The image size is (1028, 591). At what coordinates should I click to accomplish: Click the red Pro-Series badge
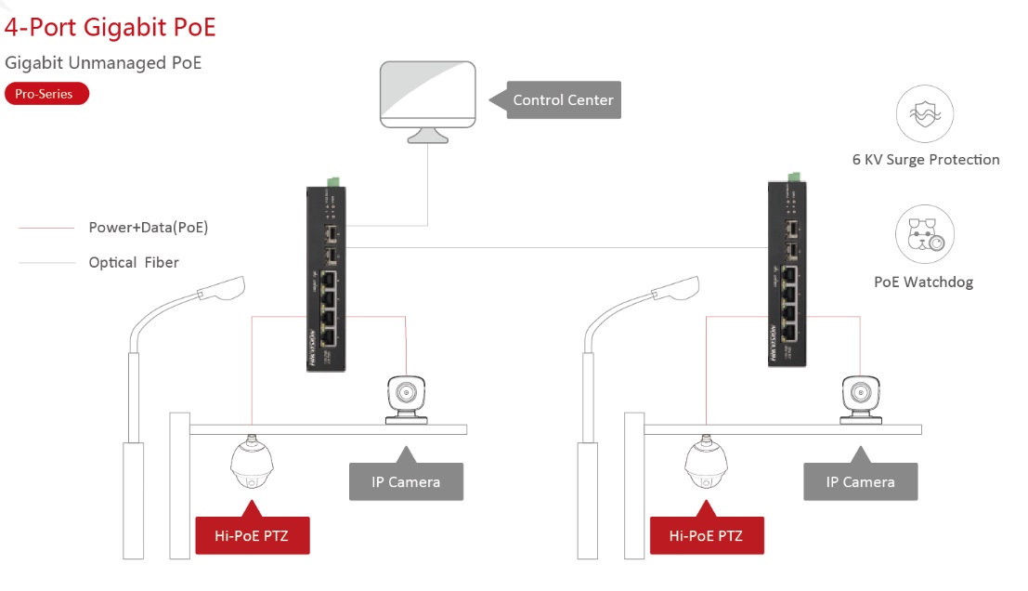46,94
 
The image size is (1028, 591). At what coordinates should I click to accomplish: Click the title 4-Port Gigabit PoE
110,27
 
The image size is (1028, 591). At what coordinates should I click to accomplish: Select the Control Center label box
563,100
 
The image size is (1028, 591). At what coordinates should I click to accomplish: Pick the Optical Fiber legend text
134,263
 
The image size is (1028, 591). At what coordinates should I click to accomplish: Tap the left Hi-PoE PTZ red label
252,536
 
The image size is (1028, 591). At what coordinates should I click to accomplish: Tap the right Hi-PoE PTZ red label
707,536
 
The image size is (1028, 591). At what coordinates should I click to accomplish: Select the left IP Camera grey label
406,481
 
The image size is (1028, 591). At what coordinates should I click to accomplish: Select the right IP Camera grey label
861,481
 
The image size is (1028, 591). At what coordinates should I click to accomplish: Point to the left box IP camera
407,399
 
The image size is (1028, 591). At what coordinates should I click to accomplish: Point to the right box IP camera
861,399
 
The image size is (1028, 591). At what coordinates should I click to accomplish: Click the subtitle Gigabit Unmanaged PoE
103,63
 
